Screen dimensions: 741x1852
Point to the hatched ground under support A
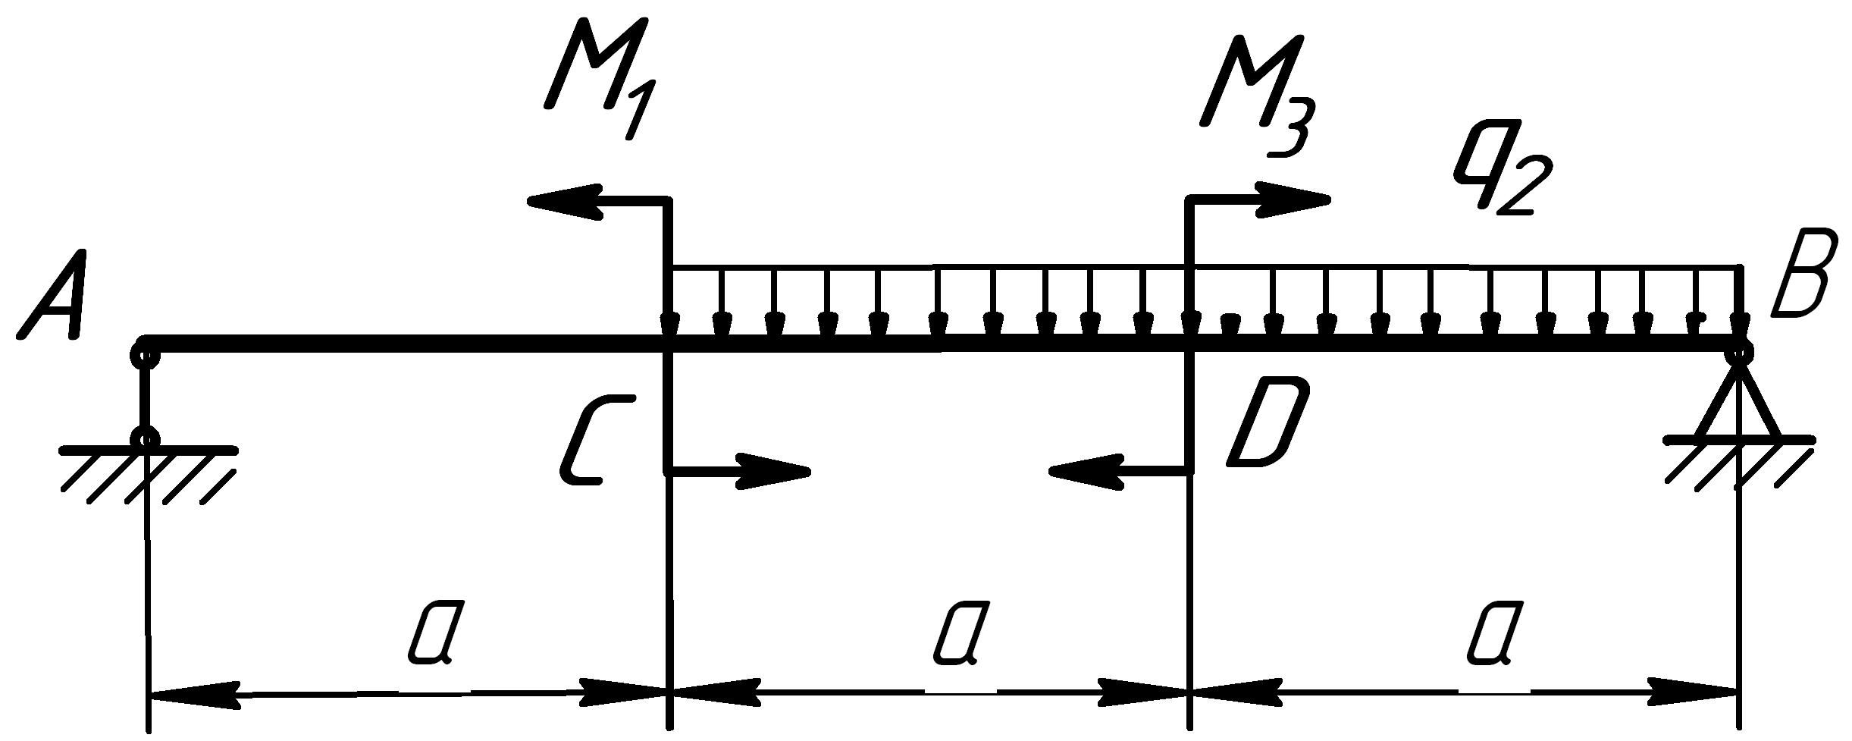pyautogui.click(x=148, y=474)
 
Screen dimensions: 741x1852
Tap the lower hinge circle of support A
pyautogui.click(x=145, y=438)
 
